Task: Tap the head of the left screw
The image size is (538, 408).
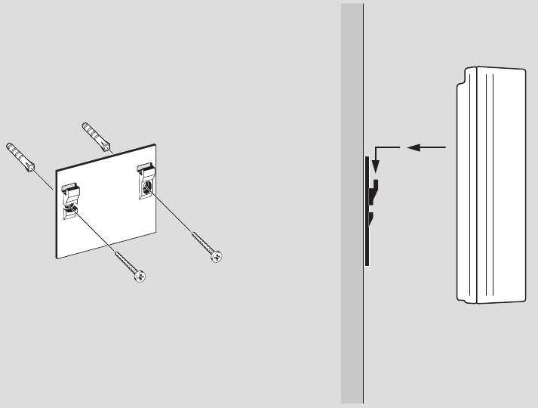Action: click(140, 277)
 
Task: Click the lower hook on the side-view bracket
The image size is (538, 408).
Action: click(371, 221)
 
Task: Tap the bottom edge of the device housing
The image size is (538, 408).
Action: click(494, 302)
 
